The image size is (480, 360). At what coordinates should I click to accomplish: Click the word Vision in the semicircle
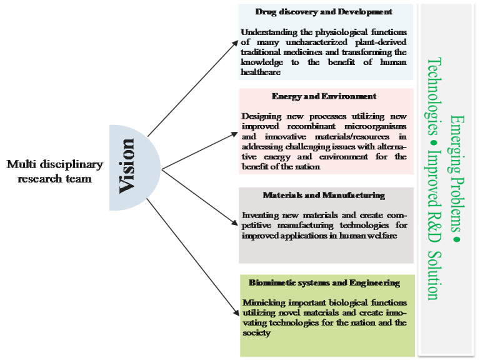127,166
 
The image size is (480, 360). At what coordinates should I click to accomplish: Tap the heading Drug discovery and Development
324,12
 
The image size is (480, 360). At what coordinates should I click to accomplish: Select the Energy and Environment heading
324,96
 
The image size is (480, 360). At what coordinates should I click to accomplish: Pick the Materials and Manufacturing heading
324,195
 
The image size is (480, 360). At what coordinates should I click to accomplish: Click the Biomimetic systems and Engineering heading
324,283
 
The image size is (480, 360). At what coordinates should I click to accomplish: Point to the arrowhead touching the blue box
235,44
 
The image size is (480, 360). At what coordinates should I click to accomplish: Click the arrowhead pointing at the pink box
234,134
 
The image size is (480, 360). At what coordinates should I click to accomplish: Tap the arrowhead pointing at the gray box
235,224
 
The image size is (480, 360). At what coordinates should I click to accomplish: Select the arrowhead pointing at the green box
236,312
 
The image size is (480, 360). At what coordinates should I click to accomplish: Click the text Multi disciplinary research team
55,171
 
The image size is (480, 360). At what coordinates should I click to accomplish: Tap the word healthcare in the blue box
261,72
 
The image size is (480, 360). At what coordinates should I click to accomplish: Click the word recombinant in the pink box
311,126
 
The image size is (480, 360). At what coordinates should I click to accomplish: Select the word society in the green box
256,333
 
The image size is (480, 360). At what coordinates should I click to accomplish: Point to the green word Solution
434,276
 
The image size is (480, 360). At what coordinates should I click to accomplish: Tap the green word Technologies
434,96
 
